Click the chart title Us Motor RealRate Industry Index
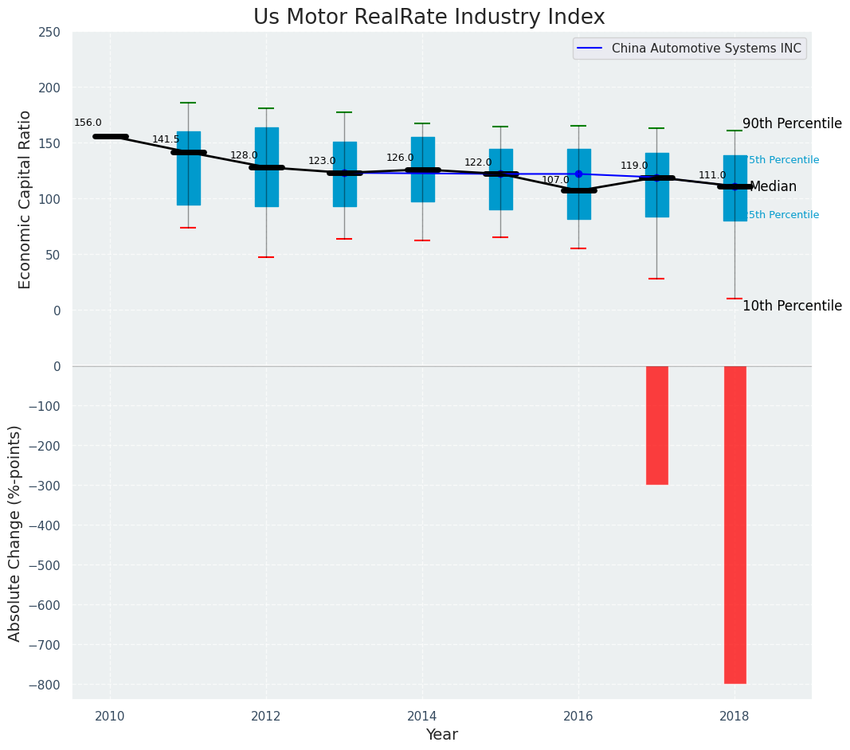click(429, 18)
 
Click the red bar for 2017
click(656, 425)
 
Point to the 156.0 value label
click(88, 123)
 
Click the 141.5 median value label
click(166, 139)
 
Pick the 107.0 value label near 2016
click(555, 180)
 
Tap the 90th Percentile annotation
click(792, 124)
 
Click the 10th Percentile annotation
click(792, 307)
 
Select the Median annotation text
click(773, 187)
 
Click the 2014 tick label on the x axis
click(422, 717)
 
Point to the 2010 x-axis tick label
click(110, 717)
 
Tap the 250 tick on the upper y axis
click(49, 32)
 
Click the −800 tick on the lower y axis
click(45, 685)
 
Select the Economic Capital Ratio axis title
click(25, 199)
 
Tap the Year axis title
click(441, 735)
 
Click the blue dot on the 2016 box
click(578, 174)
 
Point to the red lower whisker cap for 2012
click(266, 257)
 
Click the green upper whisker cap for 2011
click(188, 103)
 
